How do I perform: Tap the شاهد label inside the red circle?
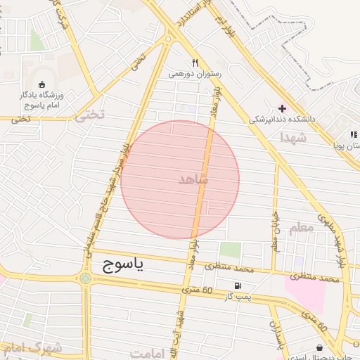click(x=194, y=179)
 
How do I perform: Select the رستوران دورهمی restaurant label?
click(x=195, y=73)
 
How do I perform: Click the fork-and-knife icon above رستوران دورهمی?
click(x=195, y=63)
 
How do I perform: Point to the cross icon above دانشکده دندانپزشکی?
click(x=283, y=109)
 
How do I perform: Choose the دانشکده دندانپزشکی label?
click(x=282, y=120)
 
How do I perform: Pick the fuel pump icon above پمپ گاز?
click(x=238, y=286)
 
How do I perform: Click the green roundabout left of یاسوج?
click(x=86, y=278)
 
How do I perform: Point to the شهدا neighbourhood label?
click(x=294, y=138)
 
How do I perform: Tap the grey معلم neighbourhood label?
click(x=300, y=228)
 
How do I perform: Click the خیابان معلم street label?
click(x=276, y=233)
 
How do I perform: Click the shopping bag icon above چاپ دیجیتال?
click(x=321, y=347)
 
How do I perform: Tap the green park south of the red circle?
click(x=230, y=250)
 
